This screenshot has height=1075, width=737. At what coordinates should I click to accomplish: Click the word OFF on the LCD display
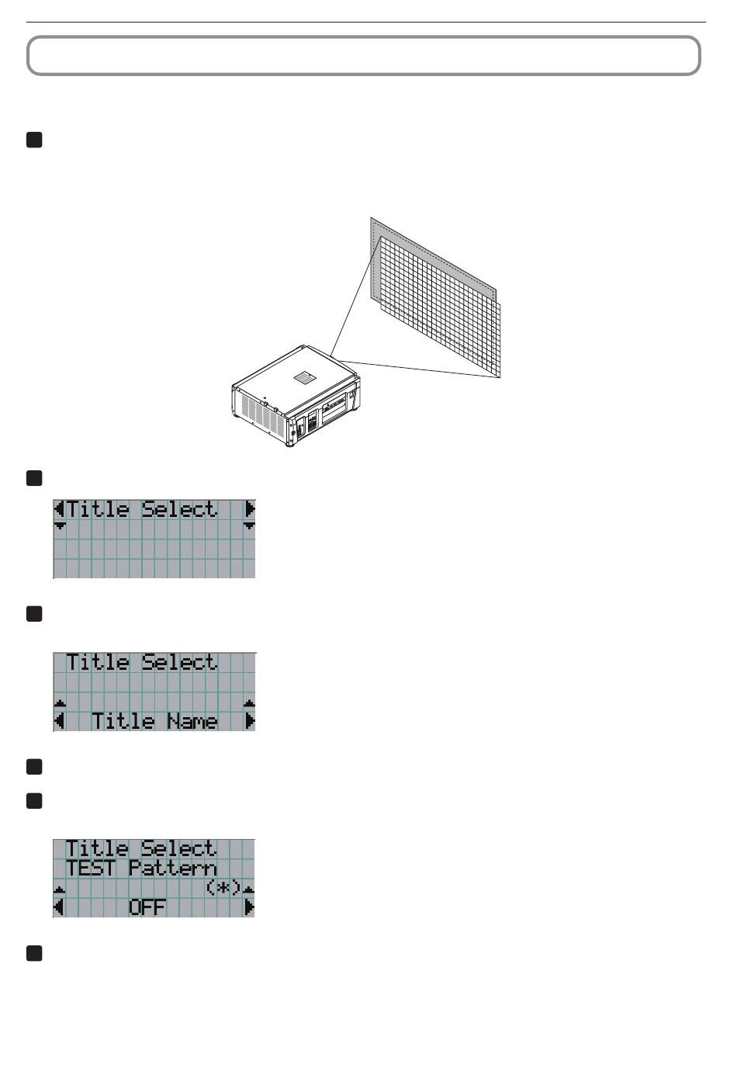(147, 907)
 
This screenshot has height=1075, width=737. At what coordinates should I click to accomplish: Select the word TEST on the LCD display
(90, 869)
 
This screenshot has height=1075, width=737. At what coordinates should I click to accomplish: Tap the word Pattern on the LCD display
(173, 869)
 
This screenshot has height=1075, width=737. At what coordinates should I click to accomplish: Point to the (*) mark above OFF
(223, 887)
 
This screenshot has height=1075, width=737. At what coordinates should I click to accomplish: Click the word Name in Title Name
(192, 721)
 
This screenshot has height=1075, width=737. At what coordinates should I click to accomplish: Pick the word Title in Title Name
(123, 721)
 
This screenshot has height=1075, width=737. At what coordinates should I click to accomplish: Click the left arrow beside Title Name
(59, 721)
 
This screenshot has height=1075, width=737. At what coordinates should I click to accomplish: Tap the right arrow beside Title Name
(250, 721)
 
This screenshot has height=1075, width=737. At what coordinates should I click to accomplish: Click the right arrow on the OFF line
(250, 907)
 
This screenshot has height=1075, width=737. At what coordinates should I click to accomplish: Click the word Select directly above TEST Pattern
(179, 848)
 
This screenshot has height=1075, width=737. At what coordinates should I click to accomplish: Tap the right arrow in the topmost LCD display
(250, 508)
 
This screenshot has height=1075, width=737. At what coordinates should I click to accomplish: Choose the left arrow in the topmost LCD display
(59, 508)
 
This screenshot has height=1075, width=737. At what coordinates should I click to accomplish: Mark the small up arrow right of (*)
(249, 889)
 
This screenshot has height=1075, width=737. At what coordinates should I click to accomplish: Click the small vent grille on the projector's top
(303, 377)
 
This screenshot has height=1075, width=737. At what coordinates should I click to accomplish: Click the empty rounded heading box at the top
(363, 56)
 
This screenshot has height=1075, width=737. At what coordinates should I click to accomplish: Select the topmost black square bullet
(34, 140)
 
